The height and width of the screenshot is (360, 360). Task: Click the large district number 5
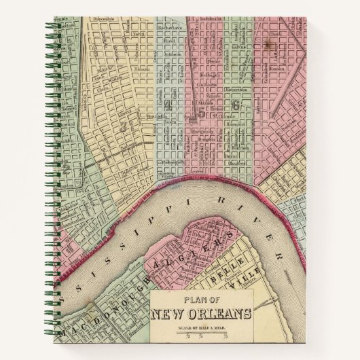pyautogui.click(x=201, y=109)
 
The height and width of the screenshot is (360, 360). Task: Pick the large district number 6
pyautogui.click(x=235, y=106)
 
